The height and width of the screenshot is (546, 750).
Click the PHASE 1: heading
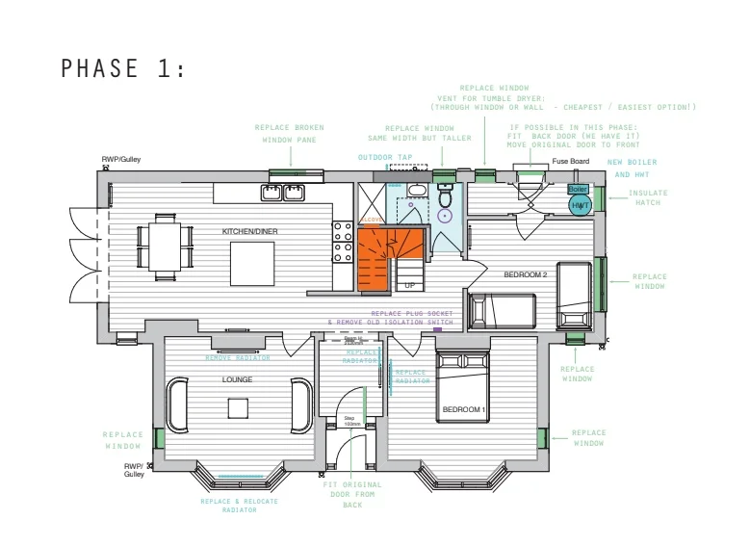pos(121,68)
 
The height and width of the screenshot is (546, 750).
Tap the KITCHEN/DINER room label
pos(249,232)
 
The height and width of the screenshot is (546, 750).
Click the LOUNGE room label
pos(238,379)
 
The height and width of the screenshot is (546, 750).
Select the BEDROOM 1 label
pos(464,410)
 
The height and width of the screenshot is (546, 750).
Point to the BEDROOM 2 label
pos(526,274)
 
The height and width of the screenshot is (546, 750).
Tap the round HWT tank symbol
pos(581,206)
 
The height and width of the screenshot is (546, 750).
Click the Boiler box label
pos(578,190)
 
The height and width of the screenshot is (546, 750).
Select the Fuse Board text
pos(570,162)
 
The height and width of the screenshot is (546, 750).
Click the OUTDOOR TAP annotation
pos(385,157)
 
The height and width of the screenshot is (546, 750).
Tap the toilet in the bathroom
pos(445,197)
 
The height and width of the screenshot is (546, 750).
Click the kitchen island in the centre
pos(253,261)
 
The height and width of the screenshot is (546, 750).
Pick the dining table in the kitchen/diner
pos(162,247)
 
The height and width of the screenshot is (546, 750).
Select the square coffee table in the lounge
pos(238,408)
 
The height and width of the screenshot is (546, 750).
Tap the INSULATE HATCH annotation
pos(648,197)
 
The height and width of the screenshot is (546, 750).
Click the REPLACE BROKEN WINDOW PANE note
pos(289,133)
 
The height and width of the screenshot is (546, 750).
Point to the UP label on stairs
pos(409,286)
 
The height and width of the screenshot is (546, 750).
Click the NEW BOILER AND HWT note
pos(632,168)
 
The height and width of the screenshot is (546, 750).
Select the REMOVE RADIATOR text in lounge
pos(238,358)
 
